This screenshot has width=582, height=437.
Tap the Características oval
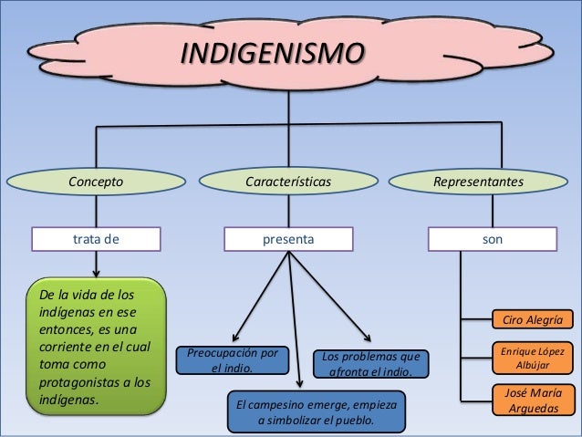click(288, 182)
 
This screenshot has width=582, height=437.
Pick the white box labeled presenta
click(288, 239)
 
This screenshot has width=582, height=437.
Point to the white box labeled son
click(493, 239)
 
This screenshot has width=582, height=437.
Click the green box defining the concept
click(96, 347)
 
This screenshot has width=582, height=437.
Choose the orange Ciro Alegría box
click(533, 319)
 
